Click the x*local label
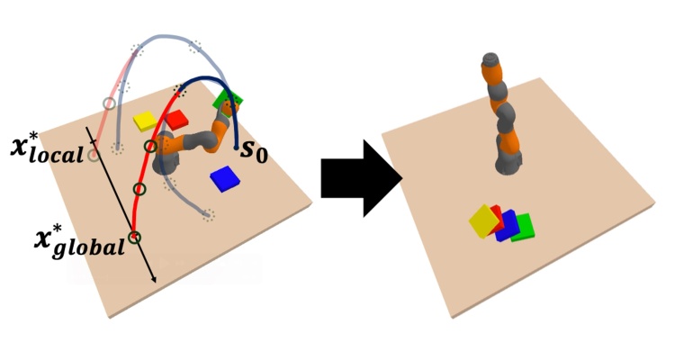click(45, 148)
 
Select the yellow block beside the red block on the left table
click(145, 121)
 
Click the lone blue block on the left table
click(224, 179)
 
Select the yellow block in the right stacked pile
click(484, 221)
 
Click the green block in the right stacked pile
click(523, 227)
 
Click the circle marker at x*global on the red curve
click(134, 238)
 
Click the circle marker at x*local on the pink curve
click(94, 156)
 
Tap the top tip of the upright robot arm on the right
click(490, 60)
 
